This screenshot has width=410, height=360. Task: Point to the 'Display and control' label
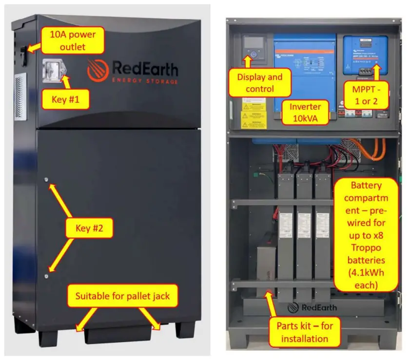tap(259, 83)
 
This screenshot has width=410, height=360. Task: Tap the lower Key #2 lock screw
tap(47, 275)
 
